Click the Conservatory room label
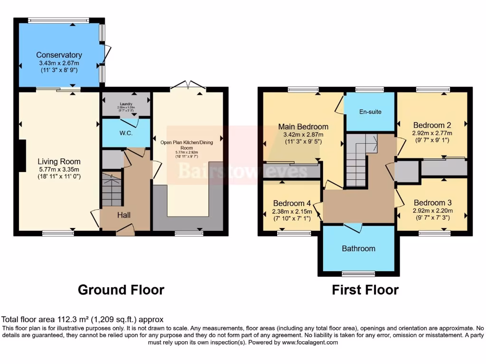[x=59, y=55]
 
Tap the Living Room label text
[x=59, y=162]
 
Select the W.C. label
[x=126, y=133]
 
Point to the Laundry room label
[x=126, y=104]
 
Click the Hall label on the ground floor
[x=124, y=215]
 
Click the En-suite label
[x=370, y=112]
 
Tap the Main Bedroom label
[x=303, y=127]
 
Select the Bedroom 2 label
[x=432, y=126]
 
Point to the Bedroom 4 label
[x=292, y=203]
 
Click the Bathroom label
[x=359, y=248]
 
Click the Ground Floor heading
[x=121, y=290]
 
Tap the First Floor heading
[x=365, y=290]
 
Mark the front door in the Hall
[x=125, y=231]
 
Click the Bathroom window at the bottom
[x=358, y=273]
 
